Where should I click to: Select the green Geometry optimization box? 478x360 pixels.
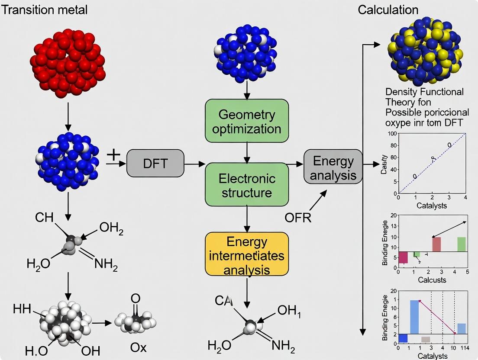pos(247,122)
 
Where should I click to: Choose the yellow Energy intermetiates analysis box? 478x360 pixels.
pos(247,255)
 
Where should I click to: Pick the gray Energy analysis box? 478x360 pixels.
pos(333,167)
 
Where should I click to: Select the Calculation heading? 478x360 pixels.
pos(388,10)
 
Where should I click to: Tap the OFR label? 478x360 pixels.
pos(298,218)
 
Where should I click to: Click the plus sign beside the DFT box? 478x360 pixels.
pos(113,155)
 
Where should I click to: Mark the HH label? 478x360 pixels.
pos(22,309)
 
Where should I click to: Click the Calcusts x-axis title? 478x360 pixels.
pos(432,280)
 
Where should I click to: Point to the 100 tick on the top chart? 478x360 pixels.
pos(392,133)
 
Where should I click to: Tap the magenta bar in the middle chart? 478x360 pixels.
pos(403,257)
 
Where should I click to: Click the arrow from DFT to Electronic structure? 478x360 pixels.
pos(195,164)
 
